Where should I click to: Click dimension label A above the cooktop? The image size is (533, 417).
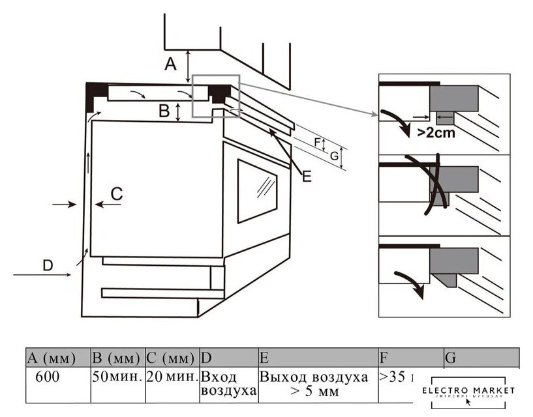170,64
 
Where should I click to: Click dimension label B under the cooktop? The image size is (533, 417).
164,111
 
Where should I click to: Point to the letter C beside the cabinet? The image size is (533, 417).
116,193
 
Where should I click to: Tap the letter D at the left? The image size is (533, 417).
47,265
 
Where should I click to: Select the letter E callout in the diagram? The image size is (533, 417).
306,175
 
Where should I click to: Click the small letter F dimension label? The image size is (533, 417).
318,141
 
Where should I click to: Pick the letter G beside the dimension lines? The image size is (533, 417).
333,156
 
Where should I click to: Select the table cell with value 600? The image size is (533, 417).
49,377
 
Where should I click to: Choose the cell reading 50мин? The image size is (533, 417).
117,377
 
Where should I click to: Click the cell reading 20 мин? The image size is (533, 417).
171,377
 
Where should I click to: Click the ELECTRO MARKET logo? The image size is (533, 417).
468,392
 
